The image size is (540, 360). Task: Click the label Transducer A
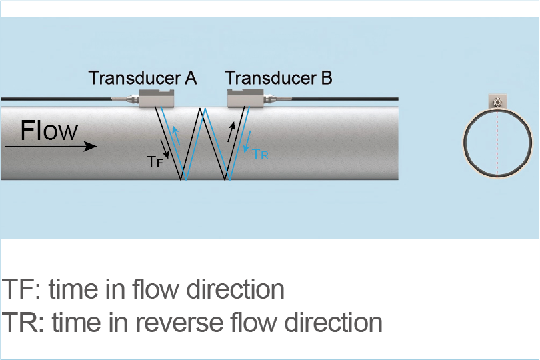[143, 78]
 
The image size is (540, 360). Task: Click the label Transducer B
[279, 78]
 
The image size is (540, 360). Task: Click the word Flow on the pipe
[49, 130]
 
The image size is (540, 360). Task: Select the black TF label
[155, 160]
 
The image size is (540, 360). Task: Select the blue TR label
[260, 155]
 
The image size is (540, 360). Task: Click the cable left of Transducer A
[60, 99]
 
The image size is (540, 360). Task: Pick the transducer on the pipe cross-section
[497, 101]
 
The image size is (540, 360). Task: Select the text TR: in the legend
[23, 323]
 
